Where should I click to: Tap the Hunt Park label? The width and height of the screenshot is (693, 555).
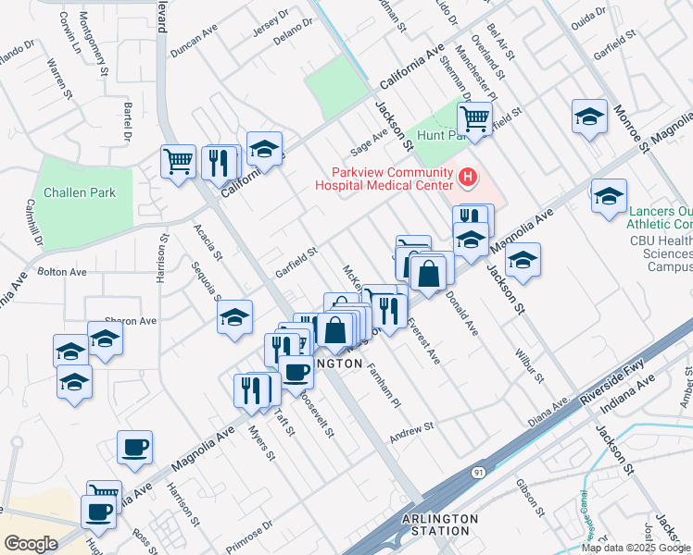pos(439,135)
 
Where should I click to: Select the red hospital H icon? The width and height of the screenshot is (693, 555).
pos(468,176)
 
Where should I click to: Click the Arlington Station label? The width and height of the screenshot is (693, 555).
pos(440,524)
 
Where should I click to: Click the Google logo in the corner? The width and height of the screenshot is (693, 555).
pos(30,543)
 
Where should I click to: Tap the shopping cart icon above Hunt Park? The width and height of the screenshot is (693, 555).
pos(474,118)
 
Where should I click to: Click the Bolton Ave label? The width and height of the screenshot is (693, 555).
pos(62,272)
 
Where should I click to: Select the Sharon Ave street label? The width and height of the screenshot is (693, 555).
pos(131,321)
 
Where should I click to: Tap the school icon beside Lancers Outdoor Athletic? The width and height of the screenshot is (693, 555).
pos(609,197)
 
